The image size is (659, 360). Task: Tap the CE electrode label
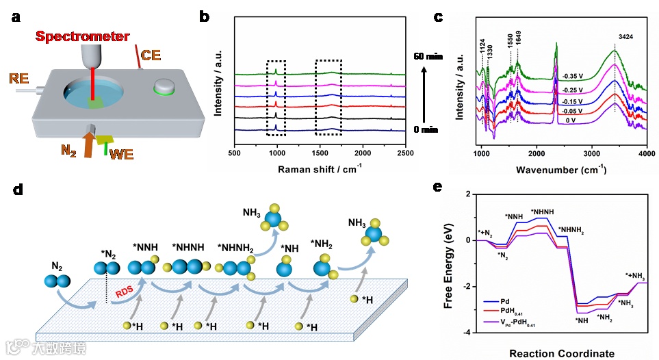[x=151, y=53]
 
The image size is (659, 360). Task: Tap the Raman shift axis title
[x=321, y=168]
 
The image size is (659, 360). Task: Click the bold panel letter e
[x=440, y=187]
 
